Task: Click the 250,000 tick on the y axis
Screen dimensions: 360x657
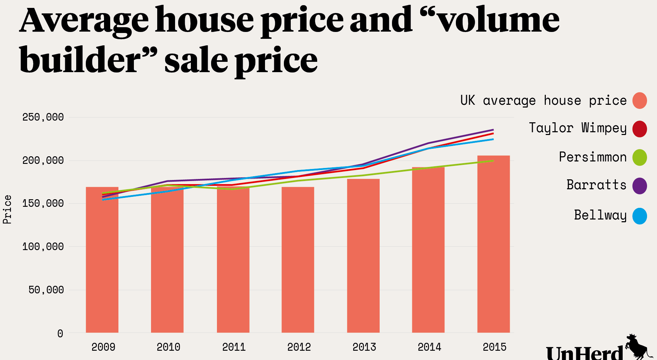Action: pos(43,117)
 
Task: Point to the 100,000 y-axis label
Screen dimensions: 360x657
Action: pos(43,246)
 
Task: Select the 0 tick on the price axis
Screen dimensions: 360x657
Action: pos(60,333)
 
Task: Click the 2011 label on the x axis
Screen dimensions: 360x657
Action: pos(234,347)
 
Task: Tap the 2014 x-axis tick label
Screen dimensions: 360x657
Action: pos(429,347)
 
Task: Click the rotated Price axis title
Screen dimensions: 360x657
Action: pos(7,210)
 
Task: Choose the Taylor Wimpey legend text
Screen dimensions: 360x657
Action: pos(577,128)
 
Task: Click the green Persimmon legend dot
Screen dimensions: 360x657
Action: pos(639,157)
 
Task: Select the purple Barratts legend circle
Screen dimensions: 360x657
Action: pos(639,186)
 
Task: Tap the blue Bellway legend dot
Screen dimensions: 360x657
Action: pos(639,216)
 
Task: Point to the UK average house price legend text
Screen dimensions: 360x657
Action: pos(543,100)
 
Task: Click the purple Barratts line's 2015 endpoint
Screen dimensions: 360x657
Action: pos(493,130)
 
